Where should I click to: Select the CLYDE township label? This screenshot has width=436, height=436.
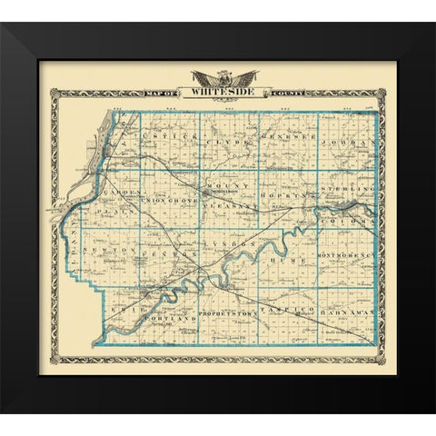pyautogui.click(x=220, y=143)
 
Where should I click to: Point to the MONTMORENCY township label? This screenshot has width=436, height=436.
pyautogui.click(x=346, y=257)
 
